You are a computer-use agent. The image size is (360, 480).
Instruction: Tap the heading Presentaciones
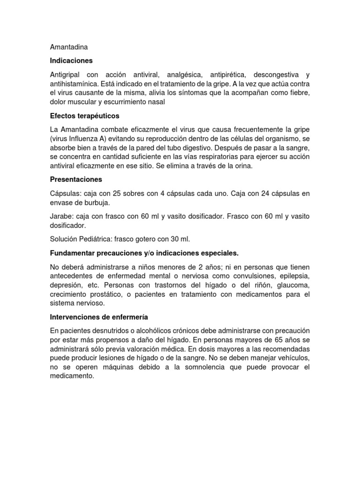coord(75,180)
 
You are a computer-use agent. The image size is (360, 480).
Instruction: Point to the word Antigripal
coord(67,75)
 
